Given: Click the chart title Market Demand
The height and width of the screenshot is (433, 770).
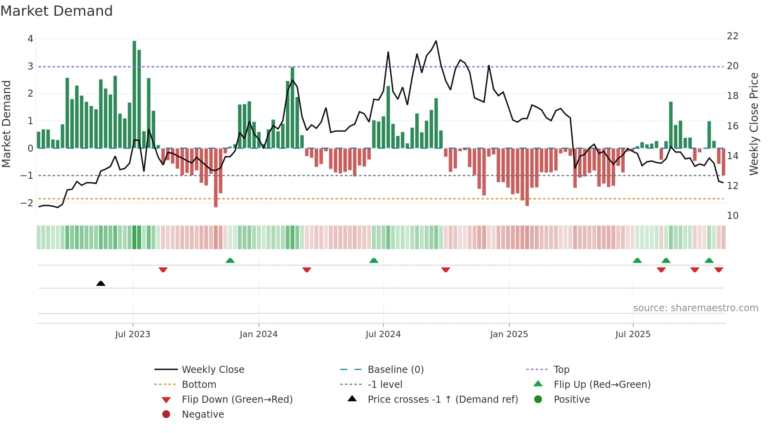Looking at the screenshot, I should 57,11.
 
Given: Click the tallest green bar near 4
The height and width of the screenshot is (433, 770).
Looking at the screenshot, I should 134,94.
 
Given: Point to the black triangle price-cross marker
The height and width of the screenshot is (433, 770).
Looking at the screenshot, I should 101,283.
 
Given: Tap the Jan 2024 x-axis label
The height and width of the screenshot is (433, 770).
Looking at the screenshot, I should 258,334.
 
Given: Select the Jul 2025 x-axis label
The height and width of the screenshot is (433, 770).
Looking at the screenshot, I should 633,334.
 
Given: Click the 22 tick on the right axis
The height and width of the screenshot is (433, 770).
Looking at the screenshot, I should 732,36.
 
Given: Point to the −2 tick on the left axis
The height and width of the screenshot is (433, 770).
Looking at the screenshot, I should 27,203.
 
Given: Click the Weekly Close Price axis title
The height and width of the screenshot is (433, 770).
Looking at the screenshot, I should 753,124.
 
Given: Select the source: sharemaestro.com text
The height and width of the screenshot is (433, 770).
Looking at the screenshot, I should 695,308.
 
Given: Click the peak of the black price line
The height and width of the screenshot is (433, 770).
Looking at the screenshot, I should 436,41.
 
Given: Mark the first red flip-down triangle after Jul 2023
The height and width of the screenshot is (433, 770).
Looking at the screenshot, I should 163,270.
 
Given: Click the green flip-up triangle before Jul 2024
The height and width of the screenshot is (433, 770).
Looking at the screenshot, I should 374,261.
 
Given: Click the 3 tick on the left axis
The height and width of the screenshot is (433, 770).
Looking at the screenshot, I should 30,66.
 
